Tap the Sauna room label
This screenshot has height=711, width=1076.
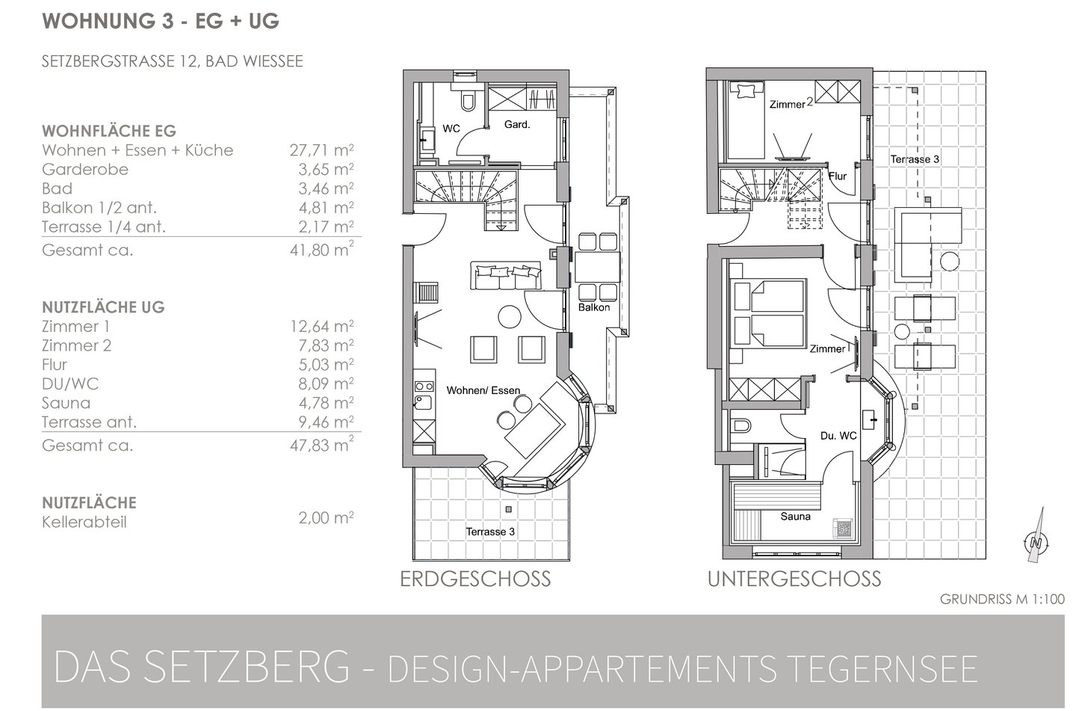(796, 517)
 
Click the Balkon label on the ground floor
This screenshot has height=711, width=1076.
(594, 308)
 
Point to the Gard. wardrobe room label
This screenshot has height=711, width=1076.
(517, 125)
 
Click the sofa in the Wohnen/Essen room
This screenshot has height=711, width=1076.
(506, 275)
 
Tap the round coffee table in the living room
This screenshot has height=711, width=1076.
(510, 316)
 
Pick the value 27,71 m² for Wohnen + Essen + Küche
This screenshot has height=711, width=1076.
(321, 150)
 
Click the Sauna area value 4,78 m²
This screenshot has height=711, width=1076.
(326, 403)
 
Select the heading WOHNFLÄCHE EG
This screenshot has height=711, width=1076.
(109, 131)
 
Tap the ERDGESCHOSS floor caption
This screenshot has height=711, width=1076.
(475, 579)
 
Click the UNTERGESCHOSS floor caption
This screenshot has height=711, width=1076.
(794, 579)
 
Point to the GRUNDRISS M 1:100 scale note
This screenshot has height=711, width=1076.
(1002, 600)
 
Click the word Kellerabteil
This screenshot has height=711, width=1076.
(84, 522)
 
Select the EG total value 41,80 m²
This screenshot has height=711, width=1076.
(321, 250)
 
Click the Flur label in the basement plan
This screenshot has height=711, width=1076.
(838, 176)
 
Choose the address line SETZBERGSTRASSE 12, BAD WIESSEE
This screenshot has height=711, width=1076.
(173, 61)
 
